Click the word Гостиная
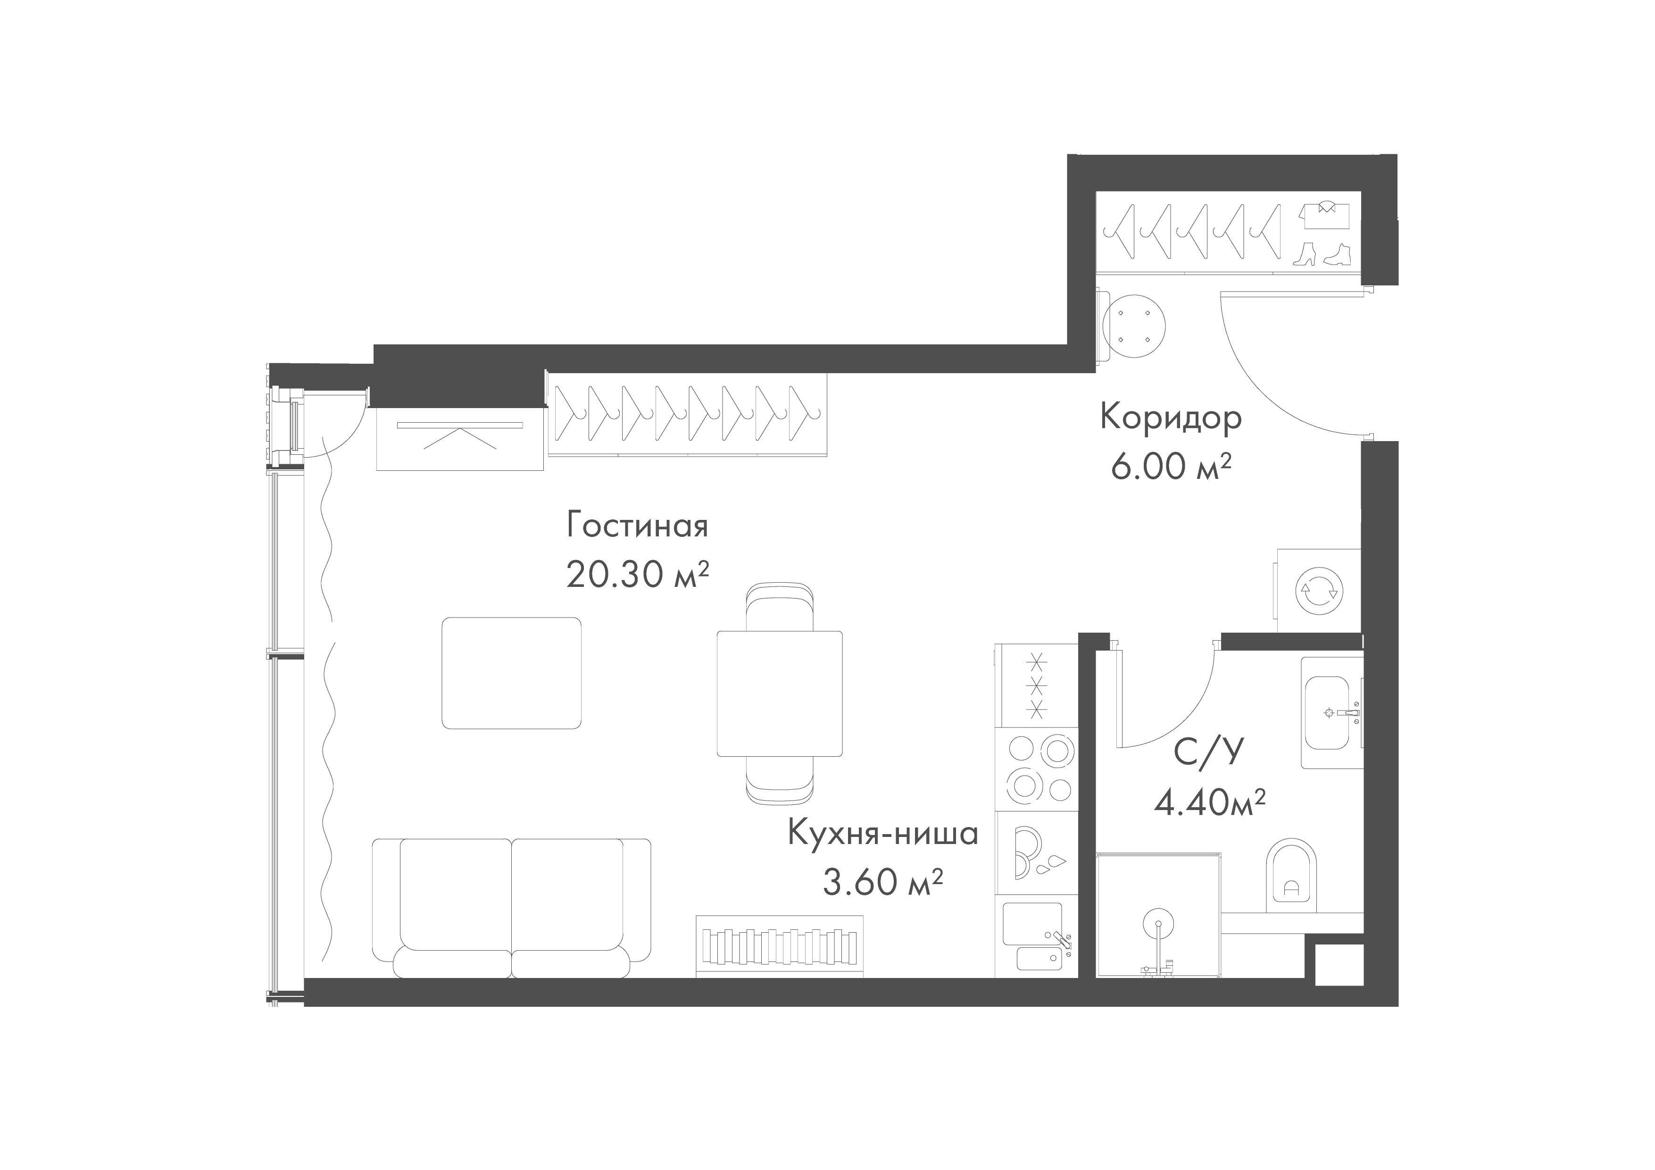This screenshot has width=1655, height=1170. pos(637,526)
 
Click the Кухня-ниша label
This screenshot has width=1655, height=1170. pos(883,833)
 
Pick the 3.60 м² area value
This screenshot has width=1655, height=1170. pos(883,882)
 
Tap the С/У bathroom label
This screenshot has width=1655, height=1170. pos(1209,752)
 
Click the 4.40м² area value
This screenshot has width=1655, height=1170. pos(1210,802)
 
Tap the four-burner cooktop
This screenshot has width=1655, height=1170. pos(1037,769)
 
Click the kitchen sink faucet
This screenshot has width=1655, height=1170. pos(1061,939)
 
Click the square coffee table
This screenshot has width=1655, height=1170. pos(512,673)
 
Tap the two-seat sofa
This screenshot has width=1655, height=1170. pos(512,908)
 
